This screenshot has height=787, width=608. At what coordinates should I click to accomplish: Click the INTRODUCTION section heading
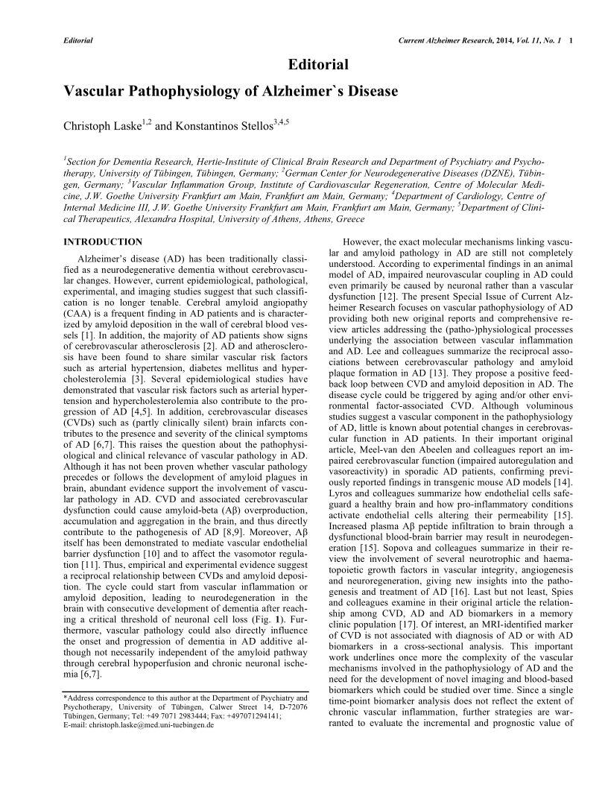click(103, 242)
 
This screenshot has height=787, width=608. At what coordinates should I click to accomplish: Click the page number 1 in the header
click(570, 39)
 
